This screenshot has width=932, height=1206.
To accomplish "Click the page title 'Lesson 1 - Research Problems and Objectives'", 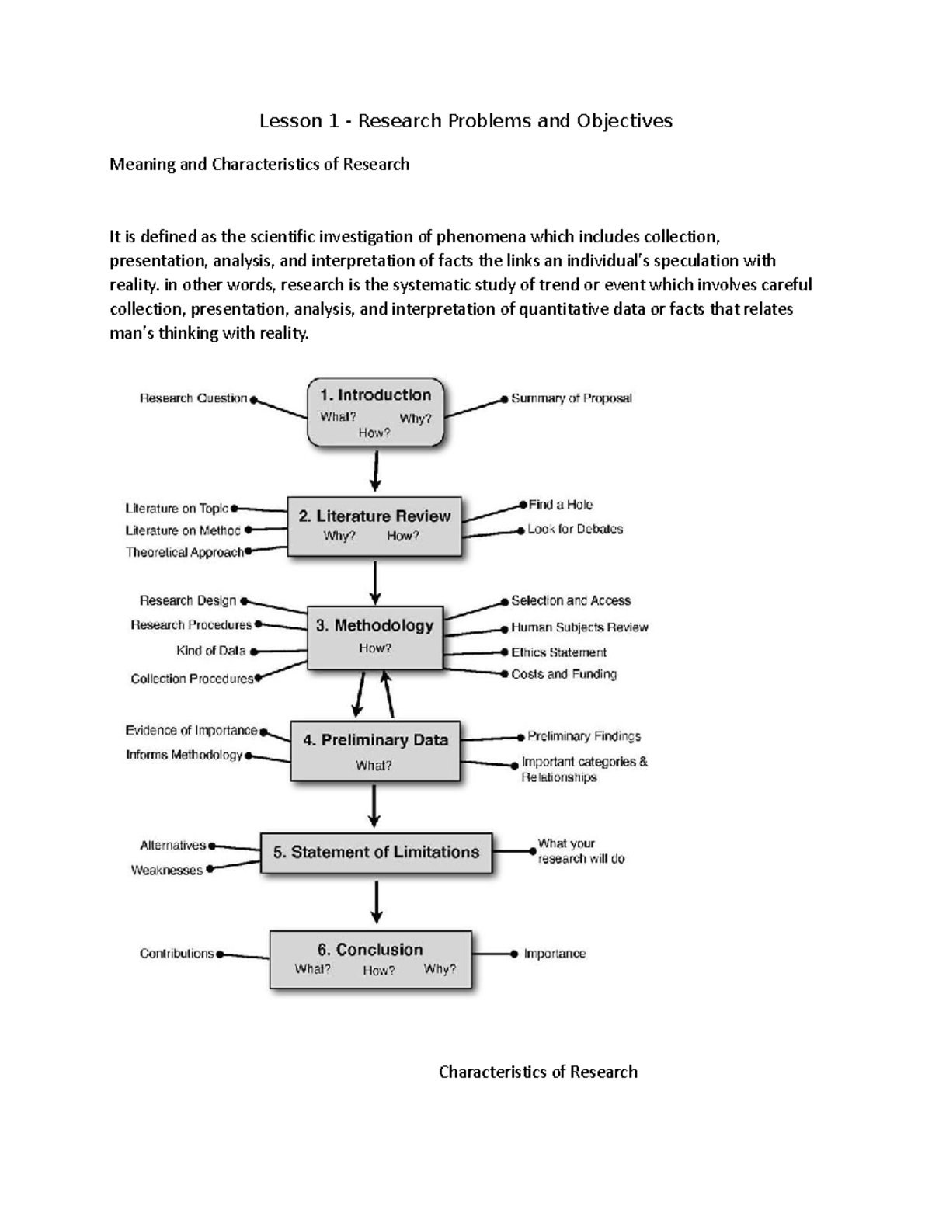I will point(465,121).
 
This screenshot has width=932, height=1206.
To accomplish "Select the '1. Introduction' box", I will point(375,412).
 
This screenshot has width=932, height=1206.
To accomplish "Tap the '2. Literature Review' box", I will point(374,526).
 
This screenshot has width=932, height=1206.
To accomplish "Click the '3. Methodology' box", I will point(375,637).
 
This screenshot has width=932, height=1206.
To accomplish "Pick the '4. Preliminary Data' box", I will point(375,751).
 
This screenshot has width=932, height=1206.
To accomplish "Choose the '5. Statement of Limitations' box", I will point(376,853).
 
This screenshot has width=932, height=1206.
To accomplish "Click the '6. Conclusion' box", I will point(370,959).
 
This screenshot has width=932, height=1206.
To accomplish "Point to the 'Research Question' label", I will point(193,398).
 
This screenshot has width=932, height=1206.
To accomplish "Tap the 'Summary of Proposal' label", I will point(571,398).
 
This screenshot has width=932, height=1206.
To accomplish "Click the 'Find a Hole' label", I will point(560,505).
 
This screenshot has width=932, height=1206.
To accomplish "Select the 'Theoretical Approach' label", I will point(185,552).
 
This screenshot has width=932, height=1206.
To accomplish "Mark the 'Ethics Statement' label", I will point(558,652).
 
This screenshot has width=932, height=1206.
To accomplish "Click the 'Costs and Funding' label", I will point(564,674).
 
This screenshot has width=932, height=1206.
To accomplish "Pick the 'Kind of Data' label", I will point(210,651).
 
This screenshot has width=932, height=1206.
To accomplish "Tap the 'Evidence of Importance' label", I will point(191,730).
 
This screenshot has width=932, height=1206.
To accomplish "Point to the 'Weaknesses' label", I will point(166,871).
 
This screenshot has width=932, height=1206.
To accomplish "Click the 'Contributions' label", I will point(176,954).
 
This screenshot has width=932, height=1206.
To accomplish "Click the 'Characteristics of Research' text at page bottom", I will point(537,1072).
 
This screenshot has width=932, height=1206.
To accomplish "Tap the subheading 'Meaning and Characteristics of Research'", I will point(259,165).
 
